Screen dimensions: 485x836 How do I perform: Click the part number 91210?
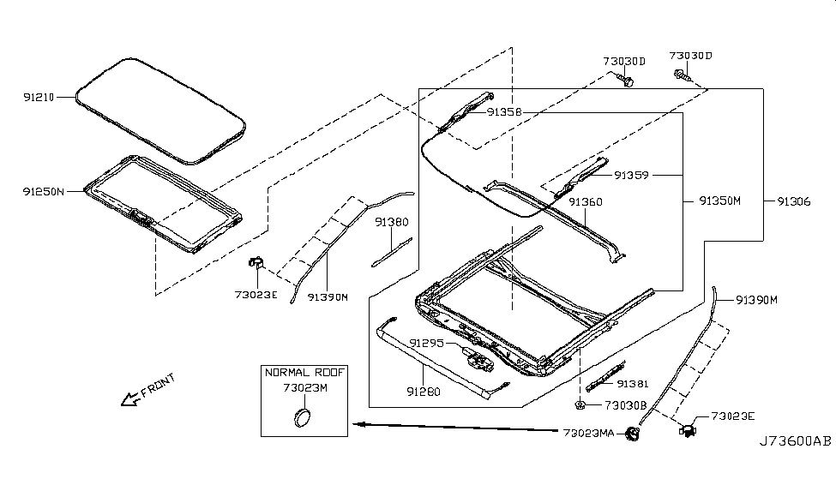[x=38, y=98]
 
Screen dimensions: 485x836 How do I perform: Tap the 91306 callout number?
[x=794, y=202]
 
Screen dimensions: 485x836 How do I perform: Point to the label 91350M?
[x=718, y=202]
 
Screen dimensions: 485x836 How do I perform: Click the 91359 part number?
[x=631, y=176]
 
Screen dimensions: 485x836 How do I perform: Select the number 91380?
[x=391, y=221]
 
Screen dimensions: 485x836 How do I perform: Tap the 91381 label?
[x=633, y=384]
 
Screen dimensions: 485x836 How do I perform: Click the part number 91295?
[x=426, y=343]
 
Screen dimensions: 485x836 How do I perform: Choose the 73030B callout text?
[x=625, y=404]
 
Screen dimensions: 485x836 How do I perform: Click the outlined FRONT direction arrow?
[x=134, y=396]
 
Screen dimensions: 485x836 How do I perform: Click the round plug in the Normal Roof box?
[x=301, y=417]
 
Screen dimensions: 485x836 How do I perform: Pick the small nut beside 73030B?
[x=580, y=404]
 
